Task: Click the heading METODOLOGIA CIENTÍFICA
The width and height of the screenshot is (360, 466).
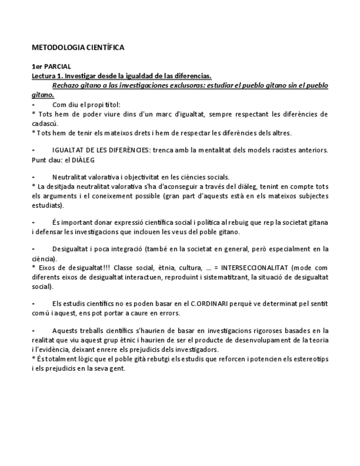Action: click(x=77, y=47)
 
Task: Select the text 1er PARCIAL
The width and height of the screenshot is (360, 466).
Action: click(x=48, y=66)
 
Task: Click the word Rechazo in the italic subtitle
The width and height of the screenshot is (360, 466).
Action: click(x=67, y=85)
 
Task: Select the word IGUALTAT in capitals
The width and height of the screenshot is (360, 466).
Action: click(x=68, y=150)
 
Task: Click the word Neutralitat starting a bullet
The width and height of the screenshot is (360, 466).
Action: click(x=70, y=177)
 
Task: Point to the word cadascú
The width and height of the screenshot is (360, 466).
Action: click(x=46, y=124)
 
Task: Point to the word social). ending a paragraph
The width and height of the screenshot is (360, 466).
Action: click(x=42, y=286)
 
